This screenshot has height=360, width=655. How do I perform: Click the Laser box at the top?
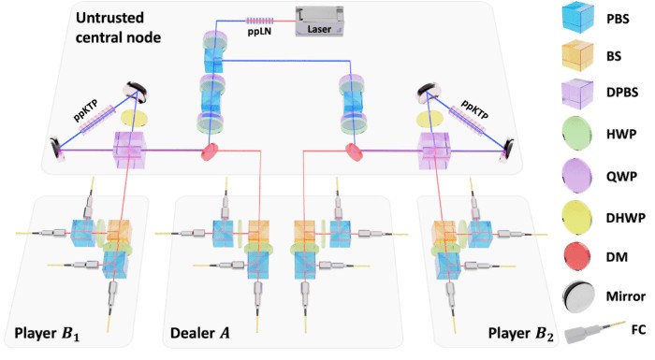(320, 21)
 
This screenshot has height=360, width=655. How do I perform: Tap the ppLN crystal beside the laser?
(259, 21)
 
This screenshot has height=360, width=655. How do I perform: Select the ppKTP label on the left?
(87, 110)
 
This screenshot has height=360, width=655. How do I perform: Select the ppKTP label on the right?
(474, 109)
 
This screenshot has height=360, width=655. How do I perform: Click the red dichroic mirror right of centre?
(355, 152)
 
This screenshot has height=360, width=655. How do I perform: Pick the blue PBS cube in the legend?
(577, 19)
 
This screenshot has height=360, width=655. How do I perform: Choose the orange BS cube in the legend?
(577, 55)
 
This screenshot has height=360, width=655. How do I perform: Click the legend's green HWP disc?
(577, 134)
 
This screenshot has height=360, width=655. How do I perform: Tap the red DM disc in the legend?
(577, 256)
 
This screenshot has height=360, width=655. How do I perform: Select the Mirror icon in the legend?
(577, 296)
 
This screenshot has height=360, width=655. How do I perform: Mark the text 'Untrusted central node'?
(118, 27)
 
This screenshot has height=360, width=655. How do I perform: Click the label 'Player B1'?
(47, 334)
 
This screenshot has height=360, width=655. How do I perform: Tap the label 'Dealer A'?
(200, 333)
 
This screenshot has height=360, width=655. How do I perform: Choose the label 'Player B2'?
(521, 334)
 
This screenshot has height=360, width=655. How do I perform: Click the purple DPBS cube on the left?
(130, 150)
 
